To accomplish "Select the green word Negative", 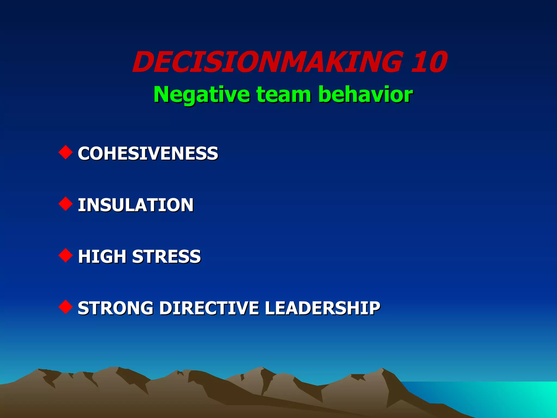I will click(202, 94).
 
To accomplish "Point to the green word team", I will click(284, 94).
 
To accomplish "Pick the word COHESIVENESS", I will click(148, 153).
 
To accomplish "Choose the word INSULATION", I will click(135, 205).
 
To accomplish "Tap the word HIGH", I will click(102, 256).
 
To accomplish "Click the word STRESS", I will click(166, 256).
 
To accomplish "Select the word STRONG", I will click(115, 308).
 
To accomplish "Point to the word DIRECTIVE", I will click(209, 308).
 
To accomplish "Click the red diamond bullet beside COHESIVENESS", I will click(66, 152).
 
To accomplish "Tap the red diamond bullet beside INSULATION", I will click(66, 204).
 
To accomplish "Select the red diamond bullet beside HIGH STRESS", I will click(66, 256).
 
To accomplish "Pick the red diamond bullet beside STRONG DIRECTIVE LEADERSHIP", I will click(66, 307).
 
